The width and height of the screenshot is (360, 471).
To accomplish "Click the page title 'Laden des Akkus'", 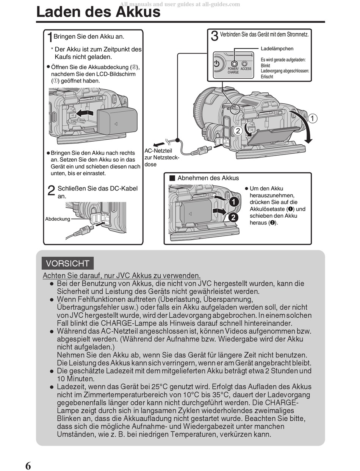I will coord(98,12).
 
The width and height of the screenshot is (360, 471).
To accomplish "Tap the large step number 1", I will coord(50,38).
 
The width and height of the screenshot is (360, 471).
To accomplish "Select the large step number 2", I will coord(52,191).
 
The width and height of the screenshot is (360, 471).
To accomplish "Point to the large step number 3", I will coord(214,36).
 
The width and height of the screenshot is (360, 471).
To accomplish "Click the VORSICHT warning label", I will coord(68,264).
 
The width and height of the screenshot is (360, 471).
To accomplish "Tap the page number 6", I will coord(28,465).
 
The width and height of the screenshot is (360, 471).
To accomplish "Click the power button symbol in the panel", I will coord(216,64).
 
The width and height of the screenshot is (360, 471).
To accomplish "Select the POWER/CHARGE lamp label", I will coord(233,70).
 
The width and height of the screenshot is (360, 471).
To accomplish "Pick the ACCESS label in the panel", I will coord(246,69).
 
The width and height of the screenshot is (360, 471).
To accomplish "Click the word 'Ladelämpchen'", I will coord(277,48).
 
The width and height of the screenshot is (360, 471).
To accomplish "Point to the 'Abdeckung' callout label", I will coord(58,219).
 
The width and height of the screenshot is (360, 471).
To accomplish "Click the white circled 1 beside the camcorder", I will coord(312,119).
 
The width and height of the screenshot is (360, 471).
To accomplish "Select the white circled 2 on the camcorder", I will coord(238,131).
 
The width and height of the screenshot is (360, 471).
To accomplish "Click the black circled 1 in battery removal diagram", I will coord(234,202).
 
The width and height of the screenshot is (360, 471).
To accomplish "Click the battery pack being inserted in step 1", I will coord(117,121).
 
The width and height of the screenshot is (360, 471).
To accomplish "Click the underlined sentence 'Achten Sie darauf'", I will coord(122,275).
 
